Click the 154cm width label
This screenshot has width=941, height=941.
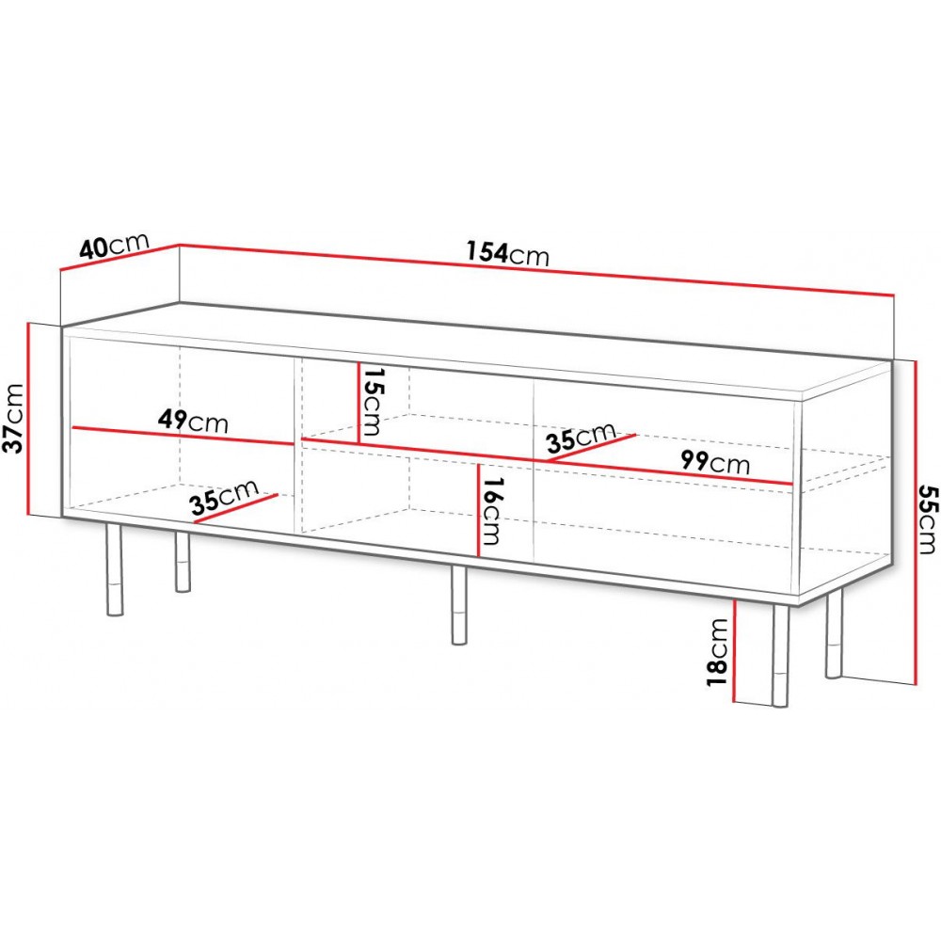(508, 253)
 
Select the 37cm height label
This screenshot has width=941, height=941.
(13, 419)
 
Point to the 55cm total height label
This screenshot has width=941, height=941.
(927, 519)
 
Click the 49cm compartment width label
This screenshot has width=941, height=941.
(193, 421)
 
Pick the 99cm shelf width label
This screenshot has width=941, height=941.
(715, 462)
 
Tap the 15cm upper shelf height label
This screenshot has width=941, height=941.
(372, 401)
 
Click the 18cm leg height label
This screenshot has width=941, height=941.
(717, 652)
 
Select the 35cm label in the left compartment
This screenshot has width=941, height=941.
(224, 498)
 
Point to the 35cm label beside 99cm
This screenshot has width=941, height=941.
(581, 438)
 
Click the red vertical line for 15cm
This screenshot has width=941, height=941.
(359, 403)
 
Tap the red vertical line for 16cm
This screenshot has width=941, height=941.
(478, 510)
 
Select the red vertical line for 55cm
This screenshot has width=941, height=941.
(916, 522)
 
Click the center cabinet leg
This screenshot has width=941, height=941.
(459, 605)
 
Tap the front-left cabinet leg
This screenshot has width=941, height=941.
(114, 569)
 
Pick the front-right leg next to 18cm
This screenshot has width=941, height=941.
(780, 655)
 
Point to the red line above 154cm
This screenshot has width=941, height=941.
(537, 270)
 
